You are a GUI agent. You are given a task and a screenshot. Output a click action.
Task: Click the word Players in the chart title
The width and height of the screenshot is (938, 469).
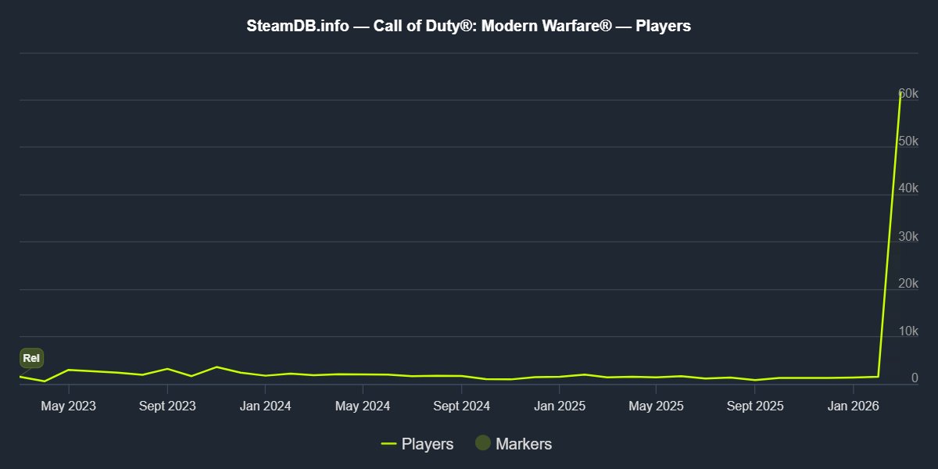[x=663, y=26]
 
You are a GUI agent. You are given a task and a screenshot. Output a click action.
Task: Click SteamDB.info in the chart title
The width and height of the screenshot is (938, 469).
[x=298, y=26]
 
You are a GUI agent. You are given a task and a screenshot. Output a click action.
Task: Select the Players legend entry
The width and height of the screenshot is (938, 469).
[x=417, y=444]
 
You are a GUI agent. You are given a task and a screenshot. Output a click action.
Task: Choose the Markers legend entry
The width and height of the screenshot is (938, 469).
[x=514, y=443]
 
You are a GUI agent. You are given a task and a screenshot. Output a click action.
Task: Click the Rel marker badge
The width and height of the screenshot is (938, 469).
[x=31, y=358]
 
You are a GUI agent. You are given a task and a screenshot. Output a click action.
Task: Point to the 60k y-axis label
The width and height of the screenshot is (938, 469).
[x=908, y=93]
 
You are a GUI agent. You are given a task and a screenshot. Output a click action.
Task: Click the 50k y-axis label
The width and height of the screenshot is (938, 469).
[x=908, y=141]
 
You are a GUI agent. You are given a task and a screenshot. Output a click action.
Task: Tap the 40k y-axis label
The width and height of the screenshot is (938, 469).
[x=908, y=188]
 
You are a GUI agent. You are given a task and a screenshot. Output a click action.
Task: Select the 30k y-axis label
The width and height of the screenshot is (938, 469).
[x=908, y=236]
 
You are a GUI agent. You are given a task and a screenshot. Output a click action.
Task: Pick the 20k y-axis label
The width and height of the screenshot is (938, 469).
[x=908, y=284]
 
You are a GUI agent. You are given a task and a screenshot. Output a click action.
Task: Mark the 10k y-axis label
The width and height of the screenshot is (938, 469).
[x=908, y=331]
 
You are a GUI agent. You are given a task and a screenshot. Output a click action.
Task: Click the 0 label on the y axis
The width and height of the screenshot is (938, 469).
[x=915, y=378]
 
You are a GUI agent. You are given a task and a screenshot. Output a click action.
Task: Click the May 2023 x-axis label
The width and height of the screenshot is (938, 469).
[x=68, y=406]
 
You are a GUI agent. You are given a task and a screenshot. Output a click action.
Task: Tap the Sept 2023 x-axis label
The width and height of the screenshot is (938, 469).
[x=167, y=406]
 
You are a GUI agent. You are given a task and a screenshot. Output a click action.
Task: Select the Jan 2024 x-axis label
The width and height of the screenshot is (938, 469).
[x=265, y=406]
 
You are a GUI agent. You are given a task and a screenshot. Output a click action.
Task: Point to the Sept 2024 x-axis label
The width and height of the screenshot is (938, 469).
[x=461, y=406]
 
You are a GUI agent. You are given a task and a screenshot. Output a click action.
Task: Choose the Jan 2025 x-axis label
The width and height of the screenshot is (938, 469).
[x=560, y=406]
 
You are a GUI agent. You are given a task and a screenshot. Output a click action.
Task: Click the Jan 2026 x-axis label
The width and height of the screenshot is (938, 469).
[x=853, y=406]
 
